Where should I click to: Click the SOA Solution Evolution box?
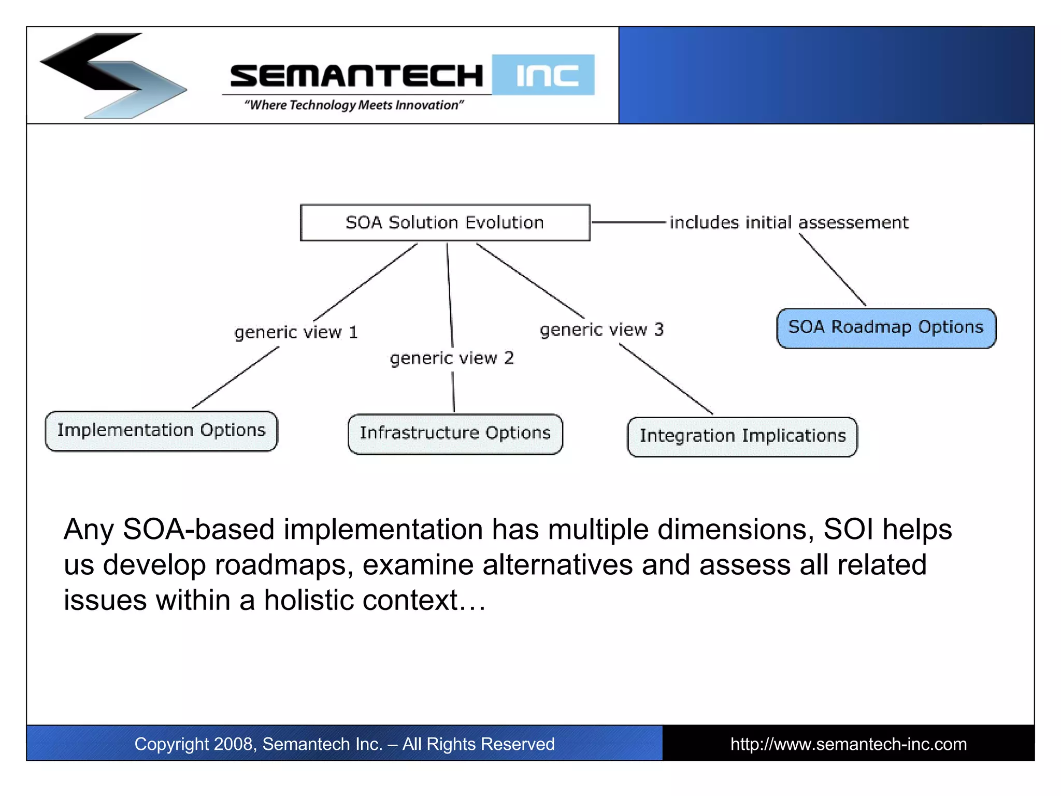tap(445, 223)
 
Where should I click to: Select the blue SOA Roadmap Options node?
tap(886, 328)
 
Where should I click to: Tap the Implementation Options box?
tap(161, 431)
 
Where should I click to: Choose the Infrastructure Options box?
tap(455, 434)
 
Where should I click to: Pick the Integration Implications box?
tap(742, 436)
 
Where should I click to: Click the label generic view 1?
tap(296, 332)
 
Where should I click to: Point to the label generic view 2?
tap(452, 358)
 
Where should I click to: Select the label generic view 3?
tap(601, 330)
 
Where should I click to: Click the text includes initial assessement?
tap(788, 222)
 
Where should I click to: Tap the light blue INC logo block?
tap(543, 75)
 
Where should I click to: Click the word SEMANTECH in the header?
tap(356, 76)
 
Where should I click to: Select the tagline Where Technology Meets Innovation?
tap(354, 105)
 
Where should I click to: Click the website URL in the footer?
tap(848, 744)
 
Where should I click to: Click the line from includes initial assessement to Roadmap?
tap(832, 269)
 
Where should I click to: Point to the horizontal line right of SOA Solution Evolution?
tap(628, 222)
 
